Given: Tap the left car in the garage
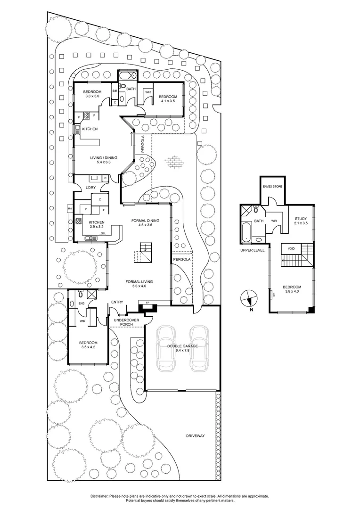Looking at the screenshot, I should [167, 348].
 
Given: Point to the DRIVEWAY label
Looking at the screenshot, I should [195, 436].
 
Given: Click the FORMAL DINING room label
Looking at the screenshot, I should [145, 221].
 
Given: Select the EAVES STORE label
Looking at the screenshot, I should [273, 187].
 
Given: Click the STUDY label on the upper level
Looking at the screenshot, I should [301, 219].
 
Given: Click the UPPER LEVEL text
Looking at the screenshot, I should [253, 250].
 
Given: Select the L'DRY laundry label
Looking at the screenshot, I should [91, 188].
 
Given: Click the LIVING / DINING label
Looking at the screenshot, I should [104, 158].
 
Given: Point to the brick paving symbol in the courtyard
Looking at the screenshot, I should [174, 162].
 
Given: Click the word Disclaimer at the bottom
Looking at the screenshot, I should [98, 496].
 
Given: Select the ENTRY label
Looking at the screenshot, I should [117, 302].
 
